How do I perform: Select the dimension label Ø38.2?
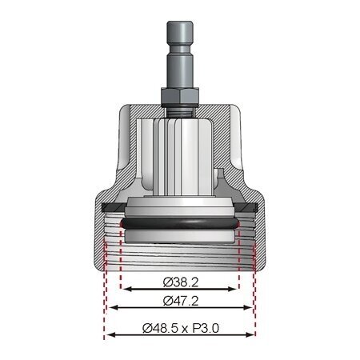point(180,282)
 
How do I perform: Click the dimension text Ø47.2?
point(180,301)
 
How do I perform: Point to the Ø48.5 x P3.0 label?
point(180,327)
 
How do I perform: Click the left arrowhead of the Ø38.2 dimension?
point(123,290)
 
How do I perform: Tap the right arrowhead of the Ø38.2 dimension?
point(237,290)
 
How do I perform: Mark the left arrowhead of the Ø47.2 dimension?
point(111,308)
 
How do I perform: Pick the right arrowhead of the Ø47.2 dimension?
point(250,308)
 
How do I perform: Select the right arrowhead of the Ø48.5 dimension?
point(254,334)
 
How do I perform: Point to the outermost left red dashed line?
point(105,304)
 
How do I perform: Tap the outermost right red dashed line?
point(256,304)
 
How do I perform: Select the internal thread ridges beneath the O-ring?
point(180,256)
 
